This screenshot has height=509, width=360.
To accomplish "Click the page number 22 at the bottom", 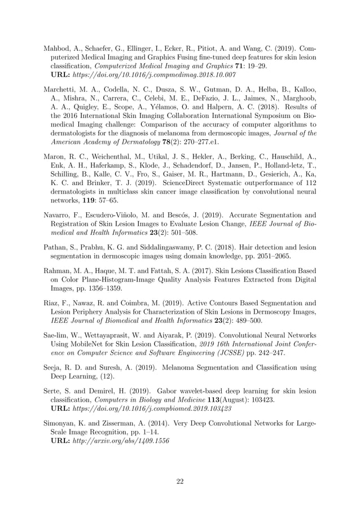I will pyautogui.click(x=180, y=481).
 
